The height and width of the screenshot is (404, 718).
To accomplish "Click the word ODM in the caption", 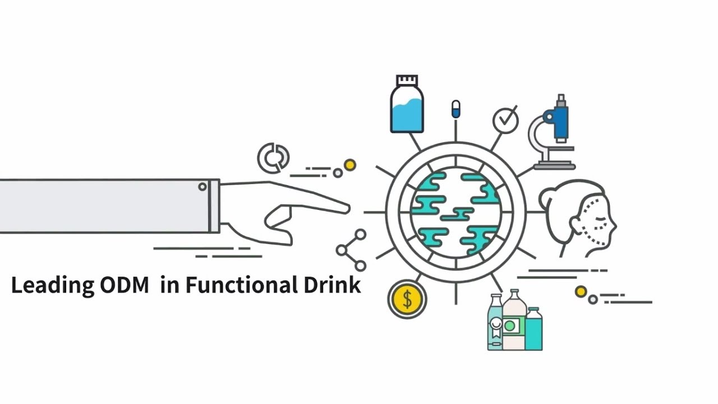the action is pos(125,285).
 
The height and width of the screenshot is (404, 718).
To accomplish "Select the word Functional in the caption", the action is pos(242,284).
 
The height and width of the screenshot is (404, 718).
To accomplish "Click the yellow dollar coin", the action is pos(407,299).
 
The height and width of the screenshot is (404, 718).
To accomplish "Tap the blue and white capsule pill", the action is pos(456,109).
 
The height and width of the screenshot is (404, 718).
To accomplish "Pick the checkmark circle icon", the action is pos(505,120).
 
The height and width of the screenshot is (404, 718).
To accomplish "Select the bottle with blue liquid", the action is pos(407,104).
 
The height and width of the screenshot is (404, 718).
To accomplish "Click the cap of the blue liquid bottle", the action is pos(407,80).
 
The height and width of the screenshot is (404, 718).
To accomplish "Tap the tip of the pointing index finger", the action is pos(348,208).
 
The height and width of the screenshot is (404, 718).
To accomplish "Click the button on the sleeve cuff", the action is pos(202,187).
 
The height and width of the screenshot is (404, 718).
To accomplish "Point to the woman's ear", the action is pos(574,223).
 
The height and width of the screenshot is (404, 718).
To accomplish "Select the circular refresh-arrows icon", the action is pos(273,158).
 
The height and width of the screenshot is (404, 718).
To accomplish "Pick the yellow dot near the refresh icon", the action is pos(349,165).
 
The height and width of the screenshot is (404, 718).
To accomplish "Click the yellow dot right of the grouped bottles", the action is pos(581,292).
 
